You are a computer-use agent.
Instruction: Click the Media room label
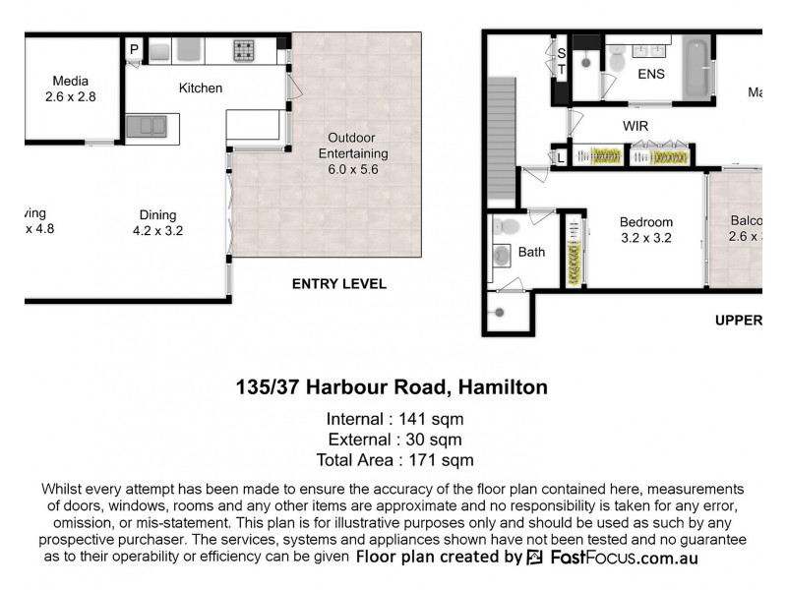(x=69, y=88)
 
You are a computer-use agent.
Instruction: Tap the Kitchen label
(x=201, y=88)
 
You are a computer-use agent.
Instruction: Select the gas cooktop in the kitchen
(x=244, y=50)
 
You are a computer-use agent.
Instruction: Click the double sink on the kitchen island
(x=147, y=126)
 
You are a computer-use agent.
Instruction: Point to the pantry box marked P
(x=134, y=48)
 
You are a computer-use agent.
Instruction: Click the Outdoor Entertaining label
(x=352, y=153)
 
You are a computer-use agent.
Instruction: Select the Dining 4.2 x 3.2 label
(x=157, y=223)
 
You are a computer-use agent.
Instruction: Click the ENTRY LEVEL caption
(x=339, y=284)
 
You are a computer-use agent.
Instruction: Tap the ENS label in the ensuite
(x=651, y=74)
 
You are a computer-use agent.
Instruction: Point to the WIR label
(x=636, y=127)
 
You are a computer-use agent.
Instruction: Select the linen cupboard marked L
(x=561, y=156)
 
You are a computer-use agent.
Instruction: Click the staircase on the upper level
(x=502, y=138)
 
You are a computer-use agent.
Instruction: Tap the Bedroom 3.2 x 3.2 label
(x=646, y=229)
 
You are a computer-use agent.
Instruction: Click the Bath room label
(x=531, y=253)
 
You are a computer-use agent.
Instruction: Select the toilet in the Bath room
(x=506, y=227)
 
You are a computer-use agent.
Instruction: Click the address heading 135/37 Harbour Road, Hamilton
(x=392, y=387)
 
